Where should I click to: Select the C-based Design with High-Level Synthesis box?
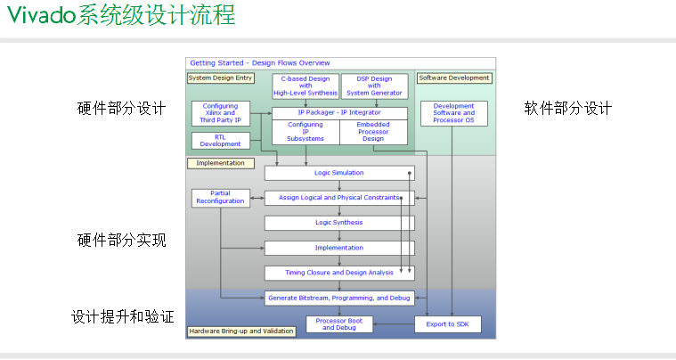point(305,86)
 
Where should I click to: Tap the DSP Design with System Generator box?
point(374,86)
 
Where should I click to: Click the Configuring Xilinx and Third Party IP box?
point(220,113)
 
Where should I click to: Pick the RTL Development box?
point(220,140)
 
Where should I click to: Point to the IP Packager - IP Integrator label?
point(339,112)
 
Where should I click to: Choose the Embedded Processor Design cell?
point(373,132)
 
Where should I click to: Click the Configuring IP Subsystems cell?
point(305,132)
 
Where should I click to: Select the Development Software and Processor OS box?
point(453,113)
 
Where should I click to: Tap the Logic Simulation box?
point(339,173)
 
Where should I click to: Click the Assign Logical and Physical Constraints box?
point(339,198)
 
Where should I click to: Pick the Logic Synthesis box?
point(339,222)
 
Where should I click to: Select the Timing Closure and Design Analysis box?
point(339,273)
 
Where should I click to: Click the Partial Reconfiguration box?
point(220,198)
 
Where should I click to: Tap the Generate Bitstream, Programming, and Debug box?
point(339,298)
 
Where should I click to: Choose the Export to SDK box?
point(453,324)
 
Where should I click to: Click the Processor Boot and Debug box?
point(339,324)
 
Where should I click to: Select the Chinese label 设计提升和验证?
point(122,316)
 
